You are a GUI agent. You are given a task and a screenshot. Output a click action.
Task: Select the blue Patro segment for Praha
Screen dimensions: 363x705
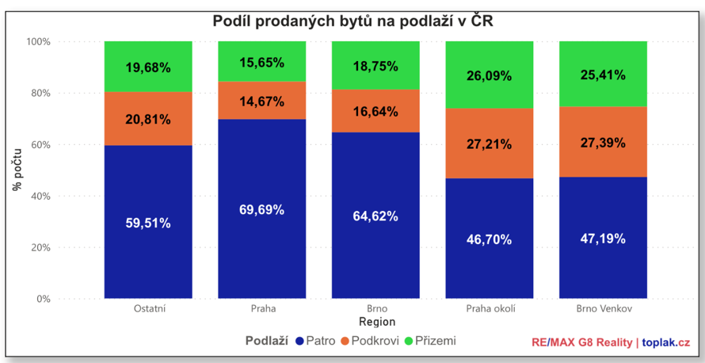tap(261, 238)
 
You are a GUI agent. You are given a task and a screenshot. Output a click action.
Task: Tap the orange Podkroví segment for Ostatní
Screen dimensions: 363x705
tap(148, 119)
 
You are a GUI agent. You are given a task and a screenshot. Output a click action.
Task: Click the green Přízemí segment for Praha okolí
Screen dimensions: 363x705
tap(490, 75)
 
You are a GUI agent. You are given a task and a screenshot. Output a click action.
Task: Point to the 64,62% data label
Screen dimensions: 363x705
tap(375, 216)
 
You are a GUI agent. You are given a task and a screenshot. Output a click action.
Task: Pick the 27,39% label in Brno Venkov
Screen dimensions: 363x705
tap(603, 143)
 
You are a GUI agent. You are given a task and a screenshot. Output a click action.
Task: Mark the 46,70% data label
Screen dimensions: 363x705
tap(490, 239)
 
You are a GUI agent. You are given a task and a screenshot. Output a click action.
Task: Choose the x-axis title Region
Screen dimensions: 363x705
tap(376, 323)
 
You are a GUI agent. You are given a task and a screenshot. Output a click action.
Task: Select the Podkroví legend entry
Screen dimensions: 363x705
tap(370, 342)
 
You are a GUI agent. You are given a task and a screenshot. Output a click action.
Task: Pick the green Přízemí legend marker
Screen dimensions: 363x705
tap(409, 342)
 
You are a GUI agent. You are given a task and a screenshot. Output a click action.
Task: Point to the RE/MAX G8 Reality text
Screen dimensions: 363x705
tap(581, 342)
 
